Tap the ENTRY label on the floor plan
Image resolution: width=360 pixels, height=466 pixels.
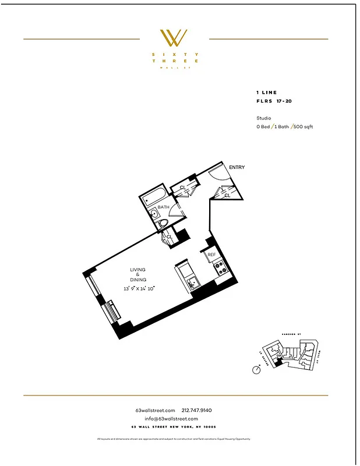(237, 168)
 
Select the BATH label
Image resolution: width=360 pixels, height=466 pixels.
(163, 207)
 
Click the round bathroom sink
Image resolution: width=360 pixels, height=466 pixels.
(155, 213)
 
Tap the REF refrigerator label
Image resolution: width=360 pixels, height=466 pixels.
(212, 255)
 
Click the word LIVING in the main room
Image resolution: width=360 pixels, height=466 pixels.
(137, 270)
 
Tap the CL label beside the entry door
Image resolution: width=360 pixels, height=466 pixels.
(227, 196)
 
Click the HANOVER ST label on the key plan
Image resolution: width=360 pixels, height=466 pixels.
(290, 334)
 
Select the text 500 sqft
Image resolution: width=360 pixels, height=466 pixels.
(303, 126)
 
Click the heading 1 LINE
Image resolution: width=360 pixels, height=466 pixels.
(266, 93)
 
